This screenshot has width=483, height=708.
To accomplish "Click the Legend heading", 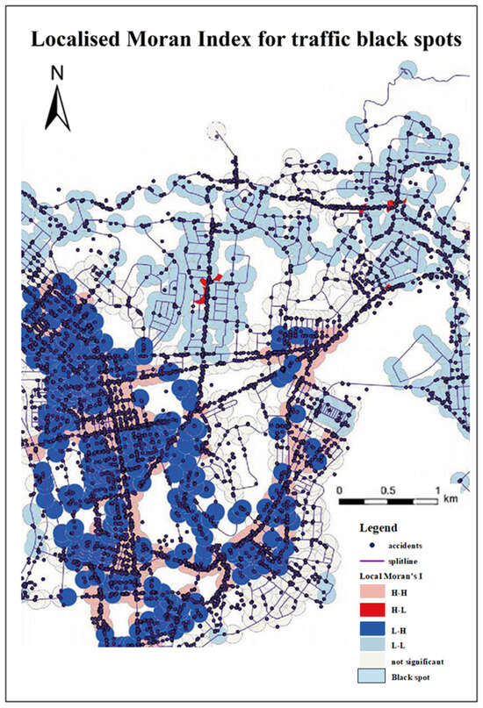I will tap(378, 528).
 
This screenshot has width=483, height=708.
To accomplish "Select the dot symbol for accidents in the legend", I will tap(376, 545).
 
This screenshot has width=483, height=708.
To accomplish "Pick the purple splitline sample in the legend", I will tap(376, 561).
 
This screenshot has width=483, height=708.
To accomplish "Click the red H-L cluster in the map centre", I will tap(205, 290).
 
